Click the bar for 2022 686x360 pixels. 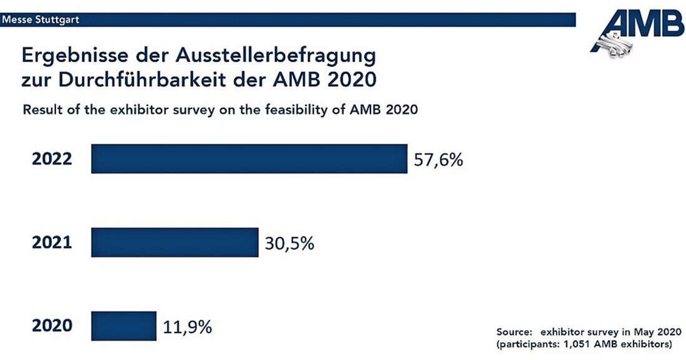249,158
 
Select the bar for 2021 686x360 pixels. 175,242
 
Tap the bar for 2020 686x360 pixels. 123,326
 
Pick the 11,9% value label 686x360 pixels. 187,326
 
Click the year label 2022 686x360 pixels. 52,159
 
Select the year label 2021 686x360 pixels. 52,243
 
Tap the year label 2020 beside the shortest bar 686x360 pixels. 52,326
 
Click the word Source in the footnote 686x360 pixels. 515,332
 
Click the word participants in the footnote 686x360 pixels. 529,344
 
